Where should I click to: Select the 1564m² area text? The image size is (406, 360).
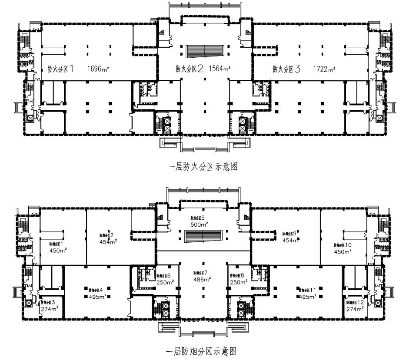[220, 68]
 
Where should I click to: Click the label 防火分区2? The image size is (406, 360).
[190, 69]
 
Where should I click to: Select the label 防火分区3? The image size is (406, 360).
[286, 69]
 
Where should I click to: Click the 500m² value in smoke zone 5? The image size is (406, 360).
[199, 224]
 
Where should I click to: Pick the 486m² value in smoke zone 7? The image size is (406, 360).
[201, 280]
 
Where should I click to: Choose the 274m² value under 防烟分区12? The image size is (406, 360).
[355, 309]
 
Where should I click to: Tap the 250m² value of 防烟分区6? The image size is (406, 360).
[165, 282]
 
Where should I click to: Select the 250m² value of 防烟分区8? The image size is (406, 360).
[238, 282]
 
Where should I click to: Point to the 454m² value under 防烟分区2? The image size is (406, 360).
[108, 241]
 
